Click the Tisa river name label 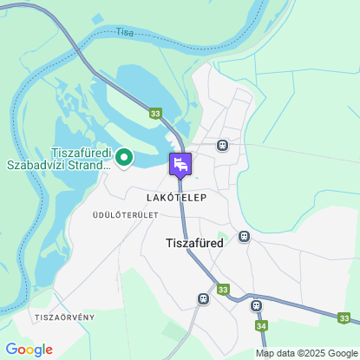125,32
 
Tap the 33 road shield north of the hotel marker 155,114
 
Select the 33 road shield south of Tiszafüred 223,290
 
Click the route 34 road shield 262,325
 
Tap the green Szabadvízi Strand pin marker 123,157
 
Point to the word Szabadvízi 40,165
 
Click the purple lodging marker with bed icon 180,164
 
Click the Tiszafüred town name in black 194,243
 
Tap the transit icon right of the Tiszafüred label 245,236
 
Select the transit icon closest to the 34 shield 256,305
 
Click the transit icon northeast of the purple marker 223,145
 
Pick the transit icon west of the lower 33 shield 203,298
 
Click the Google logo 29,350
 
